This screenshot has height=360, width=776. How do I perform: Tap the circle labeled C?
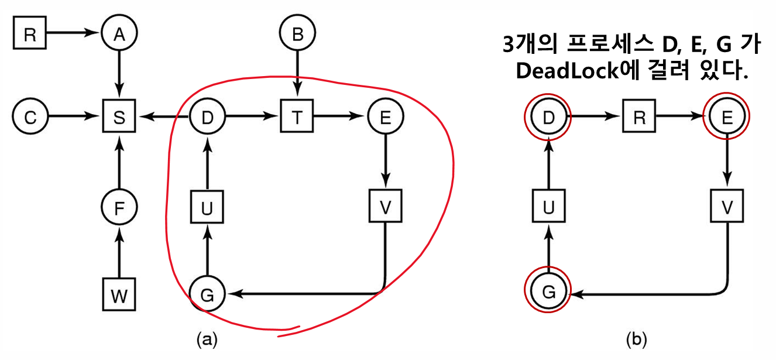30,117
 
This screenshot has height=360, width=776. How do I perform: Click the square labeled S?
119,117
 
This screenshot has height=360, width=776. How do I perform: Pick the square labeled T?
298,117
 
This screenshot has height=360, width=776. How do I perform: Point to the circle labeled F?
119,208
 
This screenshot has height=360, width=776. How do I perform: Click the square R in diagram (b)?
637,116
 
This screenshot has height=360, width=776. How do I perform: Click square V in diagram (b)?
726,207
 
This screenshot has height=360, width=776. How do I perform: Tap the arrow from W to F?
119,252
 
